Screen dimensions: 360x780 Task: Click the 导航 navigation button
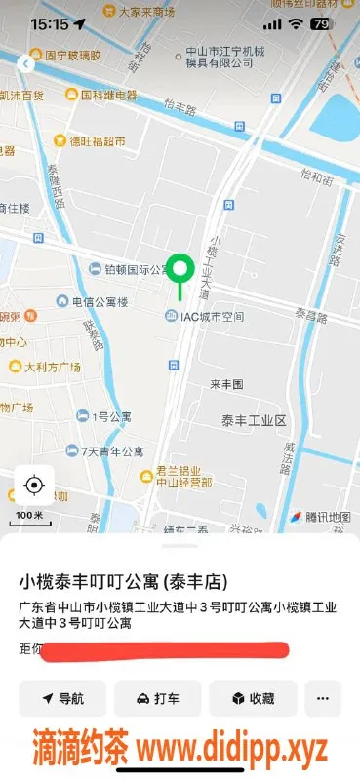click(61, 698)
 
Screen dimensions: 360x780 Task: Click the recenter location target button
click(34, 486)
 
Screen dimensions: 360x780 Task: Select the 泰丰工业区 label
click(253, 420)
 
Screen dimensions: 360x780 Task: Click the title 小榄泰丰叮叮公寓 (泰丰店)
click(124, 582)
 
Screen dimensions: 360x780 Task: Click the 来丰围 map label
click(225, 385)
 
